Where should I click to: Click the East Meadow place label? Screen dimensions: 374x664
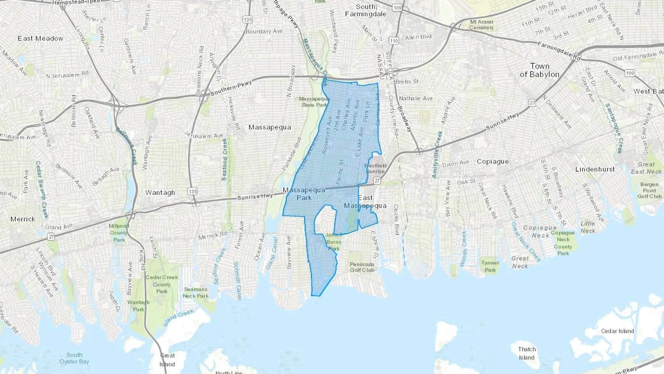coord(41,38)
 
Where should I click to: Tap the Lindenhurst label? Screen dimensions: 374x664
coord(595,169)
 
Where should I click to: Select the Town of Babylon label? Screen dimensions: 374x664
coord(540,70)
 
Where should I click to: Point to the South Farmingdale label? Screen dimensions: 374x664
coord(366,10)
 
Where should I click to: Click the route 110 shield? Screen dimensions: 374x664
coord(394,41)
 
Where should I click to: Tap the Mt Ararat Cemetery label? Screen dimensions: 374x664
coord(481,25)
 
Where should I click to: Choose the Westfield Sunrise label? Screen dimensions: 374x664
coord(375,168)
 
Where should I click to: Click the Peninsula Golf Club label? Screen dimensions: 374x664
coord(362,267)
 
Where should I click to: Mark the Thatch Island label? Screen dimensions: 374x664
coord(526,353)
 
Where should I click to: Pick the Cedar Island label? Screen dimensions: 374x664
coord(618,331)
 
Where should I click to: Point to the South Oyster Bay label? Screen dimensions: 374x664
coord(75,358)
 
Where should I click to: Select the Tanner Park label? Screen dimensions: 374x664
coord(490,266)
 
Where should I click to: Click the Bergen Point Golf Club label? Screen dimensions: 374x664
coord(649,190)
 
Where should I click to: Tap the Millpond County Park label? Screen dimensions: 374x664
coord(119,233)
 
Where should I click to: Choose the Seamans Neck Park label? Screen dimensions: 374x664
coord(196,292)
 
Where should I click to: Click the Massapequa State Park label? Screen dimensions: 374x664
coord(314,102)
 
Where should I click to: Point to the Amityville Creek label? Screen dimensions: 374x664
coord(438,154)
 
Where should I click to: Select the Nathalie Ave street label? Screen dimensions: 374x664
coord(416,99)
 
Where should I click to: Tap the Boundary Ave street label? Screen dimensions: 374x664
coord(264,31)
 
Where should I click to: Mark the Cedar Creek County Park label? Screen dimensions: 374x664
coord(162,284)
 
